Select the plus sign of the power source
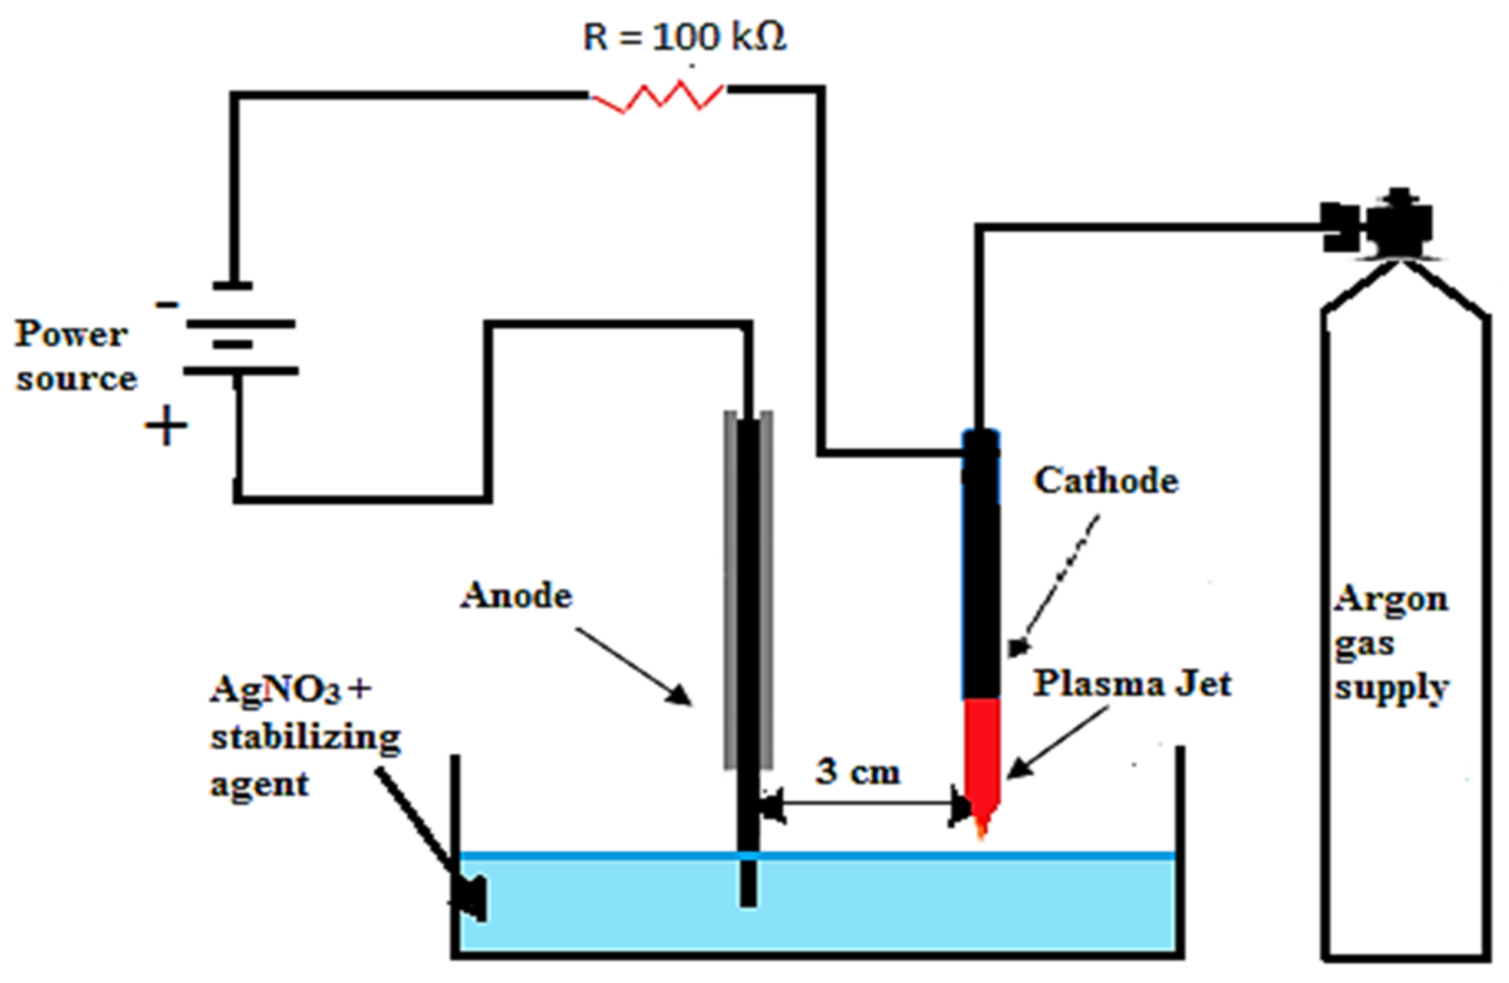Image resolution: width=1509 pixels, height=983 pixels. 166,425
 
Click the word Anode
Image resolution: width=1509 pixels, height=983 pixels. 516,595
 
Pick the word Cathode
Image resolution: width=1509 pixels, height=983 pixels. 1107,481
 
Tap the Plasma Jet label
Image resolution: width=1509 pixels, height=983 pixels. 1132,683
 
